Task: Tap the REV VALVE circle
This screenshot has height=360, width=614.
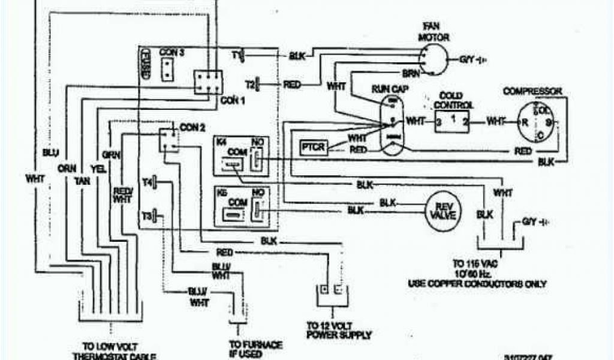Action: pos(445,211)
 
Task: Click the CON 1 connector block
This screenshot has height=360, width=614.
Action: pos(207,82)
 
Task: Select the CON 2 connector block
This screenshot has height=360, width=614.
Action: pos(168,139)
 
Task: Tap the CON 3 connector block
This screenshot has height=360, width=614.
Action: pos(167,67)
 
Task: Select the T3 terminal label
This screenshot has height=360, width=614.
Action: pos(147,215)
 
